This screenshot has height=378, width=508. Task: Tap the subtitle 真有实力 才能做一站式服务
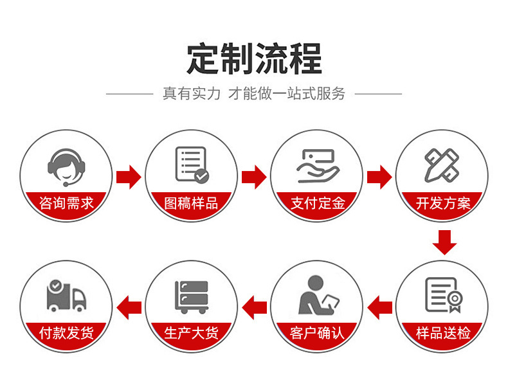(254, 94)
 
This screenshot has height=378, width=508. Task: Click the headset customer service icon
(66, 165)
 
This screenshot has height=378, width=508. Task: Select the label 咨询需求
(66, 203)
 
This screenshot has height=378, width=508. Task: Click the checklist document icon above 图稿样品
(192, 165)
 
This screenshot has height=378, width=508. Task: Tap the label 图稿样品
(192, 203)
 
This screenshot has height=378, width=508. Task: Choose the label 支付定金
(318, 203)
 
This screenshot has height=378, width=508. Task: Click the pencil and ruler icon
(442, 165)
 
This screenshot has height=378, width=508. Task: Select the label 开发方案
(443, 203)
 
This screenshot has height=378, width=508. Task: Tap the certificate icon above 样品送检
(443, 295)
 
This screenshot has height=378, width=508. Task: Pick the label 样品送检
(443, 333)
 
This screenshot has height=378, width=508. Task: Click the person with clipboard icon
(318, 295)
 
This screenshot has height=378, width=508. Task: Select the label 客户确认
(318, 333)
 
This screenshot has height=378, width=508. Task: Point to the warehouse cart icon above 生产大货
(192, 296)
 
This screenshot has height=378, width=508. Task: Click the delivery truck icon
(66, 296)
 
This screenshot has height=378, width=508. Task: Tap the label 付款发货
(66, 333)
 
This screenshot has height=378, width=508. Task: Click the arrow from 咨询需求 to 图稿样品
(129, 176)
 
